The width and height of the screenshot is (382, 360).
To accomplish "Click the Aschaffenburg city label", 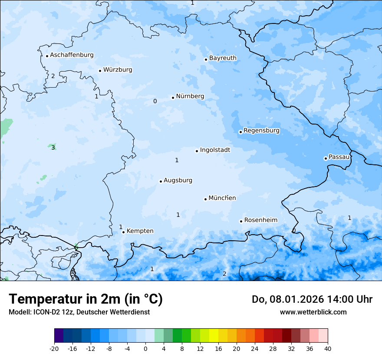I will (x=72, y=55).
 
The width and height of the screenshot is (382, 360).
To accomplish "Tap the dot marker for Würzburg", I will (x=100, y=71).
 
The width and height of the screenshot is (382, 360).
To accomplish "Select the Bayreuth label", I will (x=223, y=58).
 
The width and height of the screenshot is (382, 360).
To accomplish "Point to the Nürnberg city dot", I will (x=173, y=98).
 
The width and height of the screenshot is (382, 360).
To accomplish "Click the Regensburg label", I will (x=261, y=131).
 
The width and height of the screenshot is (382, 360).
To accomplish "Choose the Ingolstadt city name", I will (x=215, y=150).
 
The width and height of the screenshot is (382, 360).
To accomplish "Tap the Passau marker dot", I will (x=326, y=158).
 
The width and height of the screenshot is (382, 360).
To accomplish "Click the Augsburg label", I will (x=178, y=180).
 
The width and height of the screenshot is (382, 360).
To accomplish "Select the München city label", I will (x=222, y=198).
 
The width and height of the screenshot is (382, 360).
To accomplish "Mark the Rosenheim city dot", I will (x=241, y=221).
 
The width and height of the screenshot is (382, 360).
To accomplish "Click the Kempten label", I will (x=140, y=231).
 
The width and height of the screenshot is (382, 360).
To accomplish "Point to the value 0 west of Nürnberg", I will (x=155, y=101).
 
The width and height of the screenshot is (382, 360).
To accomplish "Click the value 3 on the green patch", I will (x=53, y=148).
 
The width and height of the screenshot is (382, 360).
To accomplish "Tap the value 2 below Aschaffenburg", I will (x=53, y=76).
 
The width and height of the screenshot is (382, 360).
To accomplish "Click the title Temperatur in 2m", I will (x=86, y=299).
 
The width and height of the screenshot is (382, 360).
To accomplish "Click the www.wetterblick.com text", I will (x=313, y=312).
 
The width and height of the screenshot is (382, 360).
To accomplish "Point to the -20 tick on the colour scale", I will (x=54, y=349).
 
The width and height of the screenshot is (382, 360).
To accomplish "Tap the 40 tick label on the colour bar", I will (x=327, y=349).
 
